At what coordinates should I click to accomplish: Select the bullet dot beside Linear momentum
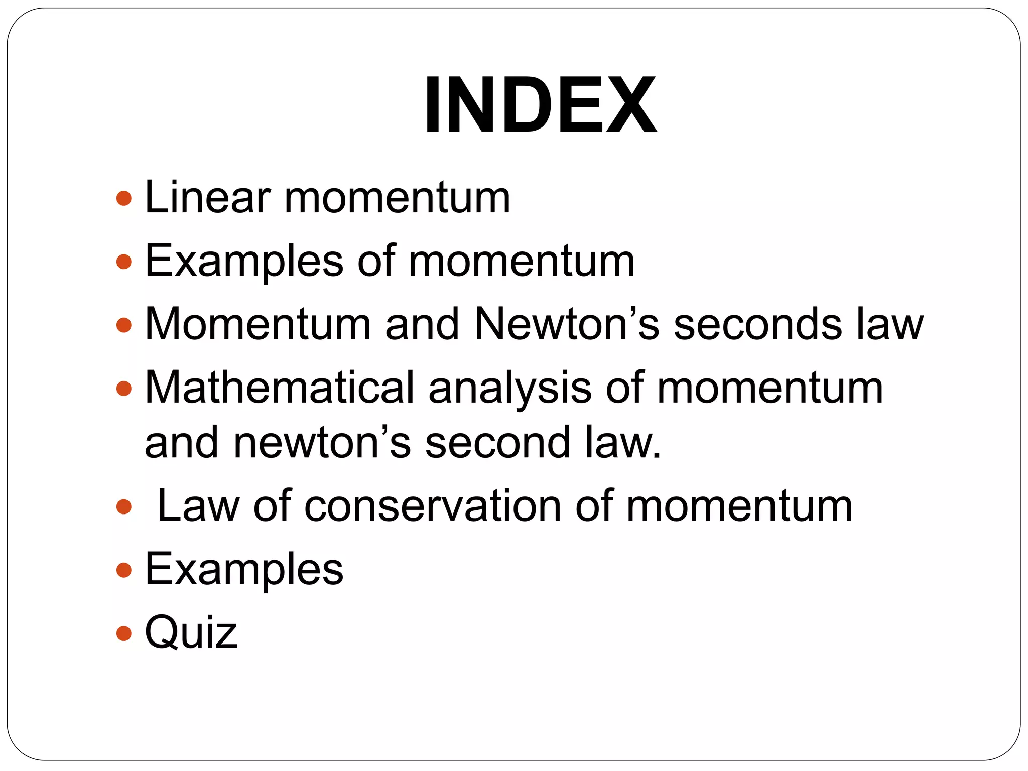tap(123, 198)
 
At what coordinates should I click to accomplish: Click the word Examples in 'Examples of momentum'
tap(244, 261)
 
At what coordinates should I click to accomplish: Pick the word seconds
tap(757, 324)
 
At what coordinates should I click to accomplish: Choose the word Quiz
tap(191, 632)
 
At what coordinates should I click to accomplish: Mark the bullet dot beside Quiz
tap(123, 633)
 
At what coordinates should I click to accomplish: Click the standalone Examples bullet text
tap(244, 570)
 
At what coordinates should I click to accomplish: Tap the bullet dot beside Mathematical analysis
tap(123, 388)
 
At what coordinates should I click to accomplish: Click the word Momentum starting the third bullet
tap(258, 324)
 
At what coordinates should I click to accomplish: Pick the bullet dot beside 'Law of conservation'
tap(123, 506)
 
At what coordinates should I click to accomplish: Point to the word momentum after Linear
tap(397, 198)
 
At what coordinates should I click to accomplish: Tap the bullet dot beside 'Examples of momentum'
tap(123, 262)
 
